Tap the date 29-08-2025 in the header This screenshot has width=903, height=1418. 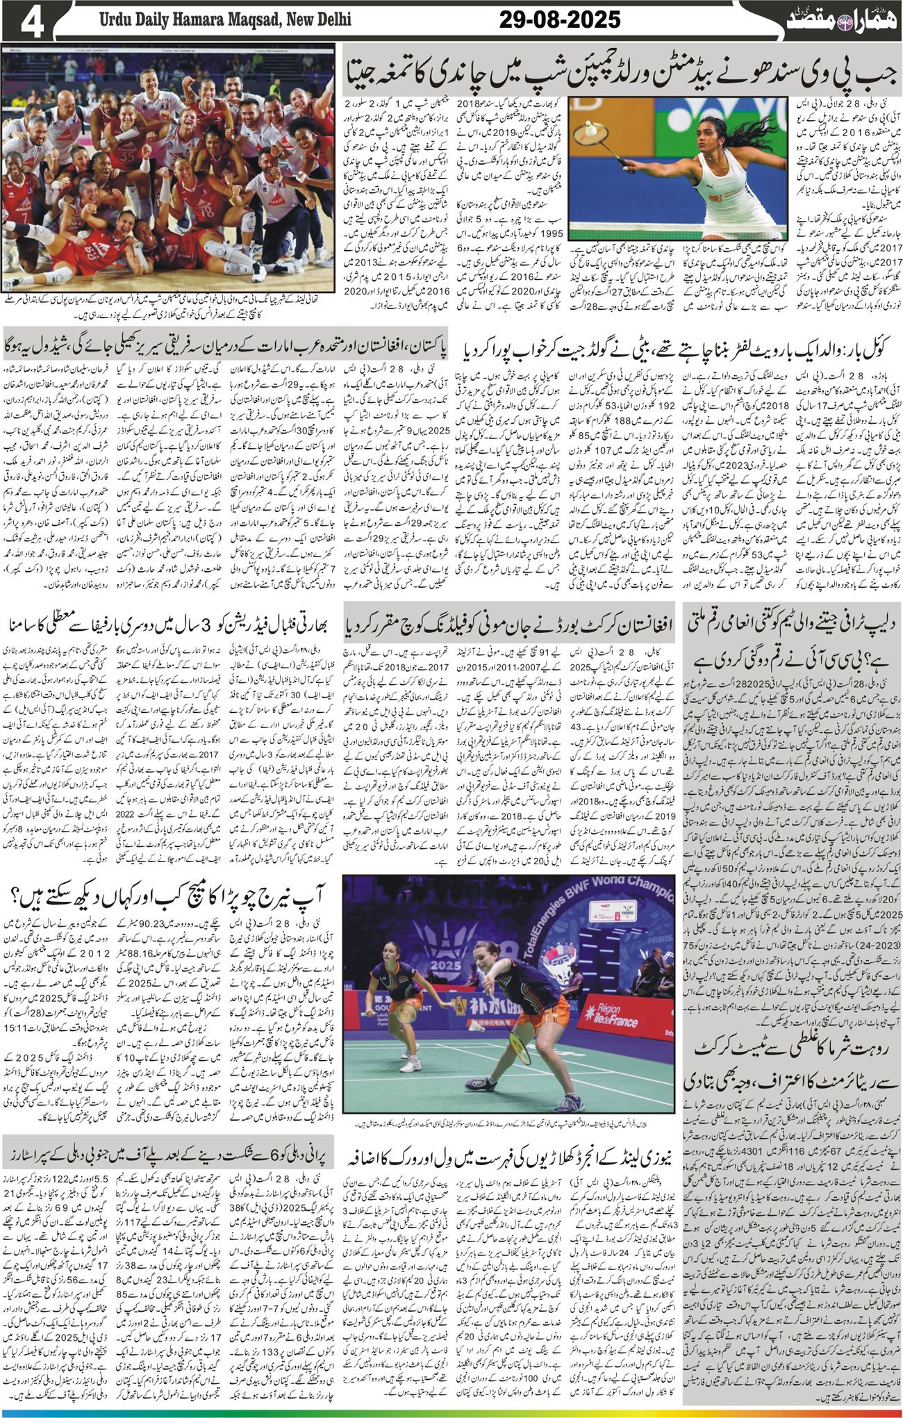click(x=560, y=20)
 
